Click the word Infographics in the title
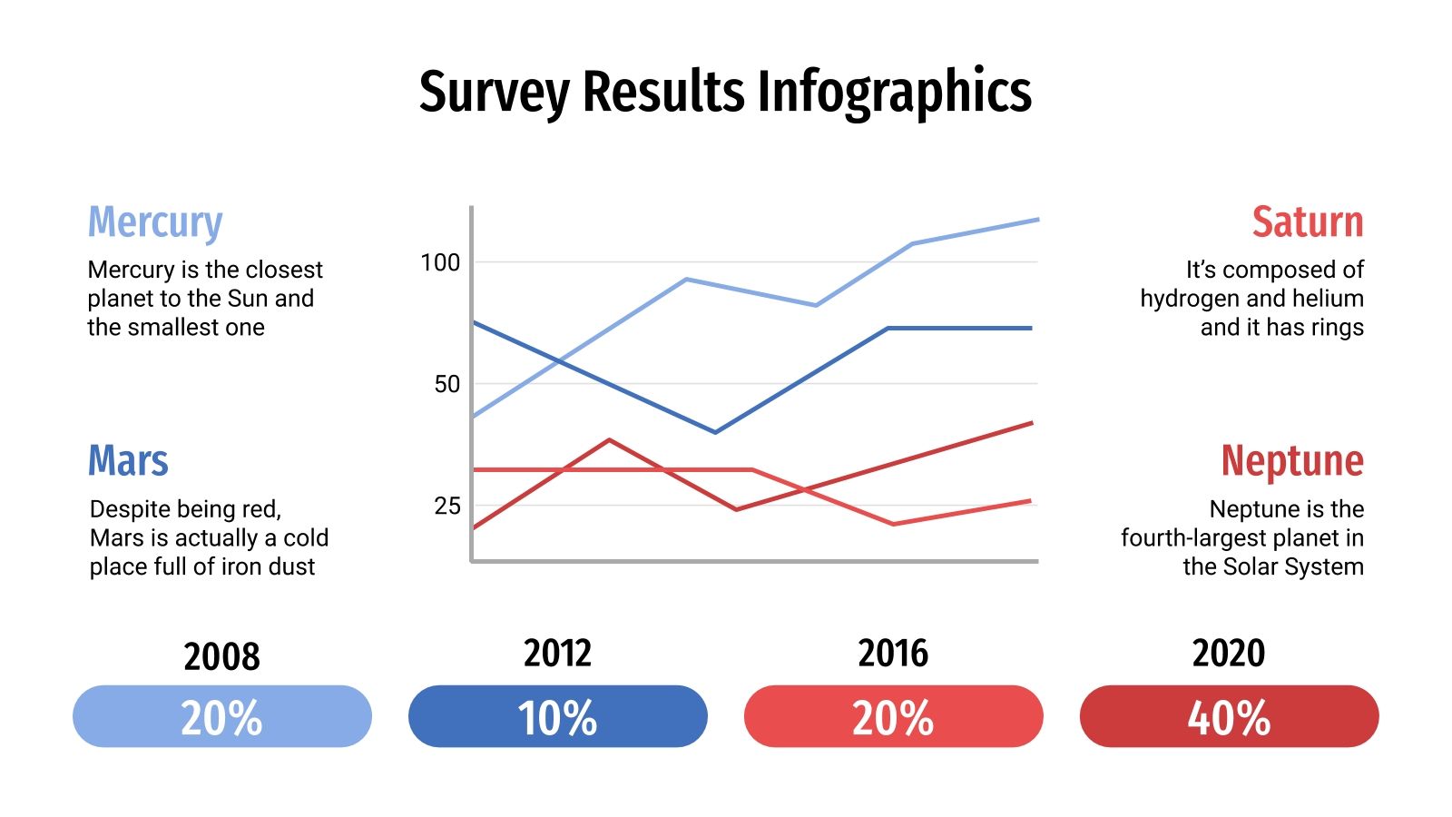(893, 93)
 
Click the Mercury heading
(155, 222)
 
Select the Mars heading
(128, 461)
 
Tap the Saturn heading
(1307, 222)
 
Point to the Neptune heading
(1291, 461)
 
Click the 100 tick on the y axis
(441, 263)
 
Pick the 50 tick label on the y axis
(446, 384)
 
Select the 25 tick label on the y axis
(446, 506)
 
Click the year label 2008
(221, 656)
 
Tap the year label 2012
(557, 654)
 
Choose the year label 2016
(893, 654)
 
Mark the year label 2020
(1229, 654)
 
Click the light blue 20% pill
(221, 717)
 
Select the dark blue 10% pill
(557, 717)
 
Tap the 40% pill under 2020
(1229, 717)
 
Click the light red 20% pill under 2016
(893, 717)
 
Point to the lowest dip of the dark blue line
(715, 432)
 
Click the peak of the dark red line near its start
(609, 440)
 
